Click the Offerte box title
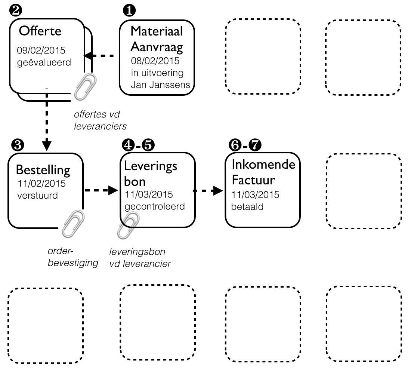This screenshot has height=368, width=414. coord(40,31)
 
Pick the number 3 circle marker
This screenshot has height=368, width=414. coord(16,146)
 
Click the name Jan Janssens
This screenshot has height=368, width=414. coord(160,85)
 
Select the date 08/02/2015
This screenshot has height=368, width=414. coord(155,61)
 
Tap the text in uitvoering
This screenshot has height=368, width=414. coord(157,73)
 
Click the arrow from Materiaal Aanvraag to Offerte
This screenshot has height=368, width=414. coord(99,56)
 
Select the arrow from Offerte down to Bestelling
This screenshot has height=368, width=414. coord(46,120)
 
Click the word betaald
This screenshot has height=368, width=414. coord(247,207)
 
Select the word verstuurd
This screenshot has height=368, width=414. coord(38,195)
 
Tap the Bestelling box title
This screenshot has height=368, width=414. coord(43,171)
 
